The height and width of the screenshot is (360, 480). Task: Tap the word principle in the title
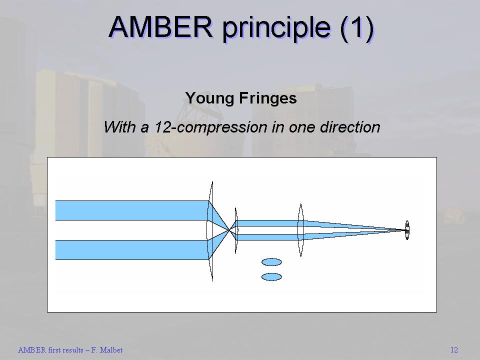[x=276, y=29]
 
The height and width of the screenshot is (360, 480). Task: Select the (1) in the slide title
[x=357, y=28]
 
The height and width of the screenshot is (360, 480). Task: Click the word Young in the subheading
[x=209, y=98]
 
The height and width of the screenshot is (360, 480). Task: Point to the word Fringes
[x=268, y=98]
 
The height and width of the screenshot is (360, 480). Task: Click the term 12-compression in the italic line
[x=210, y=126]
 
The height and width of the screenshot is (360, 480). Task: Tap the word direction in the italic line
[x=350, y=126]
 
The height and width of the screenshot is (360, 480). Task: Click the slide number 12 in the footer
[x=454, y=350]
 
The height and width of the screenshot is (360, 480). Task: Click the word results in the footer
[x=73, y=350]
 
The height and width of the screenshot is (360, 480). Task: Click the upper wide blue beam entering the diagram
[x=132, y=210]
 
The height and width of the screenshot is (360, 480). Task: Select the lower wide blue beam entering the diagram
[x=132, y=250]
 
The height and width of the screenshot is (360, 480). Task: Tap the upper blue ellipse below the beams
[x=271, y=262]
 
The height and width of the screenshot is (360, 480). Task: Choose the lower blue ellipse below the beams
[x=271, y=276]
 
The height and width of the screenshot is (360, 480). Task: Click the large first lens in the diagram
[x=210, y=231]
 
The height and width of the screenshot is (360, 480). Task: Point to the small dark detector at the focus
[x=407, y=230]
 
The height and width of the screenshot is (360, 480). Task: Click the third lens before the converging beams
[x=300, y=230]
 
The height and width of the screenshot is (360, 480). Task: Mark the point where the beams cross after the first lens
[x=229, y=230]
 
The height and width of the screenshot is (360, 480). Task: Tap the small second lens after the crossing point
[x=235, y=230]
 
